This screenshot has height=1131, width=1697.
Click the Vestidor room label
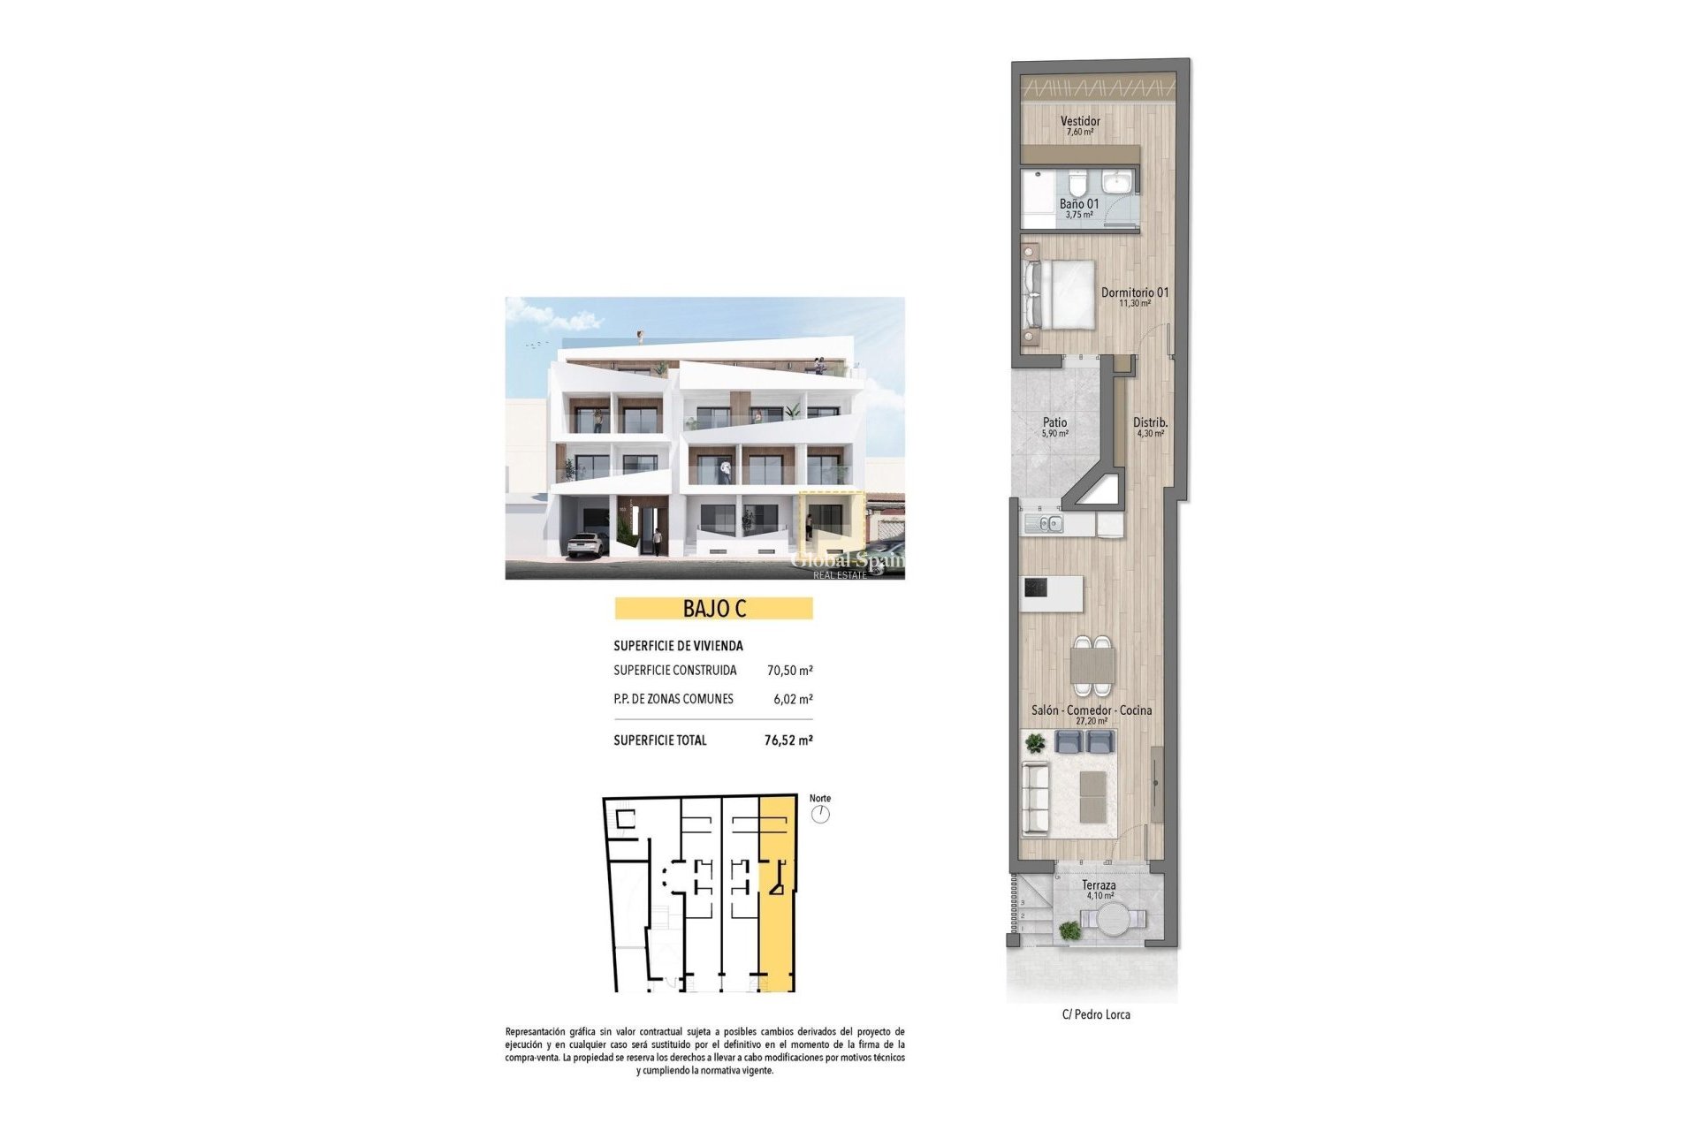click(x=1080, y=122)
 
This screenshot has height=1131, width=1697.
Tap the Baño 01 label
click(x=1079, y=204)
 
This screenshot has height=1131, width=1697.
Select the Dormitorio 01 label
click(x=1135, y=292)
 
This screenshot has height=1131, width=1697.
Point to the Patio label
click(x=1054, y=423)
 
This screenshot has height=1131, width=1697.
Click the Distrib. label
click(x=1150, y=423)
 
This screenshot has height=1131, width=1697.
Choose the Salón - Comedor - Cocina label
click(x=1092, y=710)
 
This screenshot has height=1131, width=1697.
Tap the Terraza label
click(x=1099, y=885)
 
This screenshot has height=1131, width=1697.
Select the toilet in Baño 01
click(x=1077, y=185)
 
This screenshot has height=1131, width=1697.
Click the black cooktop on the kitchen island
click(x=1036, y=587)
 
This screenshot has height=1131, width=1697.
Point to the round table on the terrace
click(x=1113, y=920)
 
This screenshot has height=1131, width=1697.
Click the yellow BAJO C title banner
click(x=713, y=609)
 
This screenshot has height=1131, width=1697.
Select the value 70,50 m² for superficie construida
click(x=789, y=671)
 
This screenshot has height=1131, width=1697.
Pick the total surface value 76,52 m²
click(x=788, y=740)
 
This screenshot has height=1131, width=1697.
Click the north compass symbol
click(x=820, y=814)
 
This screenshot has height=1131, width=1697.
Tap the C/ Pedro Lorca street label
click(x=1096, y=1014)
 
